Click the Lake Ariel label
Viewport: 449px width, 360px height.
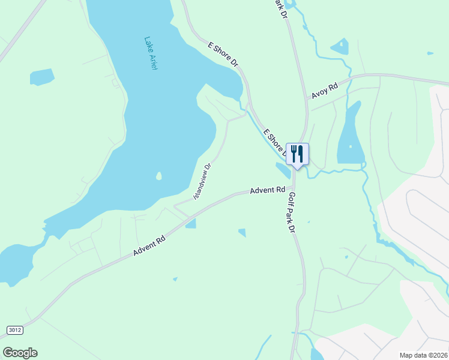pos(151,54)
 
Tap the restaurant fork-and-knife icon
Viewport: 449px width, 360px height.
pos(297,154)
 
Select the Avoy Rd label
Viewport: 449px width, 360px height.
pos(325,91)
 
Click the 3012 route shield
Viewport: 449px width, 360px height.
pos(15,330)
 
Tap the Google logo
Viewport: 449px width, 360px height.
pos(20,353)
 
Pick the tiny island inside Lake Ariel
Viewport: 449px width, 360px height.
pos(158,176)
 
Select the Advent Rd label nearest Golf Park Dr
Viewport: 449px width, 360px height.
pos(267,190)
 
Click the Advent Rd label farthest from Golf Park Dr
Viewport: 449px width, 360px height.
pos(149,246)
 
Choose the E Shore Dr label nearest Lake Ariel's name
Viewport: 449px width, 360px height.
pos(223,54)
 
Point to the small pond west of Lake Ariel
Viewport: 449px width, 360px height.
pos(42,77)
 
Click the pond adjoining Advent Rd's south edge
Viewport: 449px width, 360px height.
pos(191,224)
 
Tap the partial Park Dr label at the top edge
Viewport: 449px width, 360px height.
pos(280,8)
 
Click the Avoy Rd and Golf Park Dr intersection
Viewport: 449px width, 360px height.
pos(307,101)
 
